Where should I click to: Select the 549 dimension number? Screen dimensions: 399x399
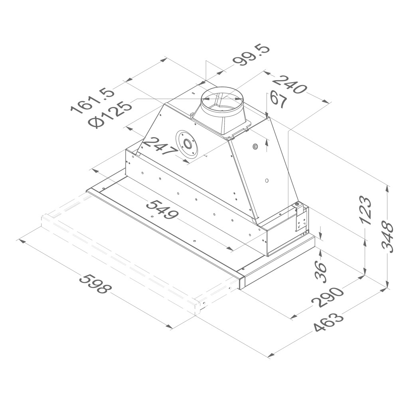[163, 209]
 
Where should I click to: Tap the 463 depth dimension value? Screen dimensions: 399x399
[328, 322]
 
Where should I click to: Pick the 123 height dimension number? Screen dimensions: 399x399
[367, 210]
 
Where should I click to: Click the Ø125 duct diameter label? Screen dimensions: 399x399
[110, 114]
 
